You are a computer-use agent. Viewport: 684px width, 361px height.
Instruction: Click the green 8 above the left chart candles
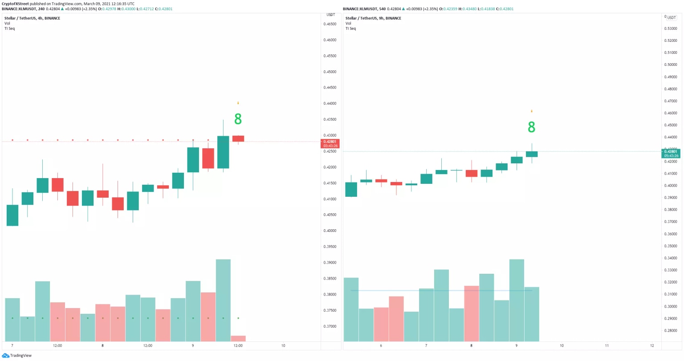click(238, 119)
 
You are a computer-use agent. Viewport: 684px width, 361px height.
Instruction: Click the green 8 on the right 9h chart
click(531, 127)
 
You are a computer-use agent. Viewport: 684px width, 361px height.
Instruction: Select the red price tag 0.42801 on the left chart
click(330, 143)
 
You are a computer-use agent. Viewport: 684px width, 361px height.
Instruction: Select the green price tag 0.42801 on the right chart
click(671, 154)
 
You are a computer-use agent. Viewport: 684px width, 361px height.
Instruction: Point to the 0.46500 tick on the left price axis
click(330, 24)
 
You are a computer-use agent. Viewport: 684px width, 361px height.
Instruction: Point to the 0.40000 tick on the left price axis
click(330, 231)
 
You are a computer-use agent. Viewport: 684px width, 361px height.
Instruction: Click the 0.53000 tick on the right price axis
click(671, 28)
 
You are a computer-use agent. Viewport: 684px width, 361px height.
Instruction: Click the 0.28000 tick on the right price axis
click(671, 331)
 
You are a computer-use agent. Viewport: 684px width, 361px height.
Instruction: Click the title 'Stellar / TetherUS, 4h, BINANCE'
click(32, 18)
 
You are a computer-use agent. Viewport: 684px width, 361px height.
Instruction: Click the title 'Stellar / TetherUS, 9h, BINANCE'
click(373, 18)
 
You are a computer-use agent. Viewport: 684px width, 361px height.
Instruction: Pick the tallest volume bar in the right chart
click(517, 300)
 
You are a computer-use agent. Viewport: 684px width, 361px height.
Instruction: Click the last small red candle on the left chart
click(238, 139)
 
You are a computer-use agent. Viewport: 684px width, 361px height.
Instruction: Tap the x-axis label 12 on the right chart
click(652, 345)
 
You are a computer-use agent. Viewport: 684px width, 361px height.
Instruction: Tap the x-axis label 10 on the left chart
click(283, 345)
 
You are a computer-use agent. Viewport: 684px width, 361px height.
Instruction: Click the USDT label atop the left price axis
click(330, 15)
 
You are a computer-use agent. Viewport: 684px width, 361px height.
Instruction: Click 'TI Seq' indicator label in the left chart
click(9, 28)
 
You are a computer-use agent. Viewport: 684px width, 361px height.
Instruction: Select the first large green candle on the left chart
click(12, 215)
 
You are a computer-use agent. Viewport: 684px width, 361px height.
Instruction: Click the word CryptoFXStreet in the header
click(15, 4)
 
